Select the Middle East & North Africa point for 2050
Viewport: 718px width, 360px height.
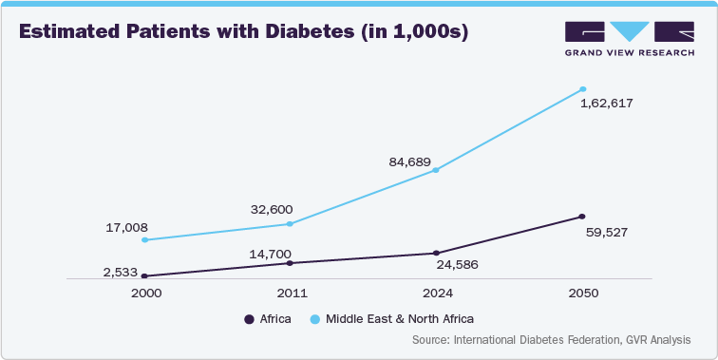tap(582, 89)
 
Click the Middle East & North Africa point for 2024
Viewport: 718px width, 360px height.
tap(436, 170)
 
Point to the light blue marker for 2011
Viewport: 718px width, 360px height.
tap(290, 223)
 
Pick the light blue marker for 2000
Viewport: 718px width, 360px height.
tap(143, 239)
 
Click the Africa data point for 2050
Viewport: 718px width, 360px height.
tap(582, 216)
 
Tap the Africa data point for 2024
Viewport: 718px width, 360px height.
tap(436, 253)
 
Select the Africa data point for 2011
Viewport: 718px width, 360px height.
tap(290, 262)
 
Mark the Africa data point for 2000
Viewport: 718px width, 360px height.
tap(143, 275)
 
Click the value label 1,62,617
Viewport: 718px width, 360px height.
tap(606, 103)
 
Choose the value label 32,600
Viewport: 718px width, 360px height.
tap(271, 209)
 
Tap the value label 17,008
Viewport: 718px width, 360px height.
tap(125, 228)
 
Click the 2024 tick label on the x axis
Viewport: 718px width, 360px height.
tap(436, 294)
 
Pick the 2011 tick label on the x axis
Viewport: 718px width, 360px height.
tap(290, 294)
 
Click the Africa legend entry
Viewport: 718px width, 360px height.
tap(268, 319)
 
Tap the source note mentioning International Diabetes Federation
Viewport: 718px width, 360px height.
tap(552, 339)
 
